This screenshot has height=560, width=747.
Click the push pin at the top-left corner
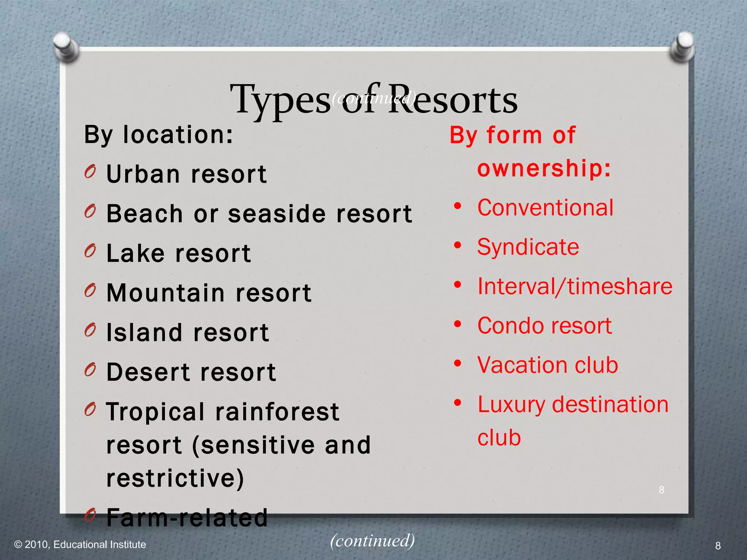tap(66, 47)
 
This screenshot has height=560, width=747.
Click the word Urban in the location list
tap(143, 174)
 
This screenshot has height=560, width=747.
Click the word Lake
tap(135, 253)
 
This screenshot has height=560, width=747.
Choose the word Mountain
tap(166, 293)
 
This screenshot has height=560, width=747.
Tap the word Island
tap(144, 332)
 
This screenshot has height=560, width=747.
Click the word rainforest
tap(277, 412)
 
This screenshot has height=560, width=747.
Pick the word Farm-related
tap(187, 517)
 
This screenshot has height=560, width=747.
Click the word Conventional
tap(545, 208)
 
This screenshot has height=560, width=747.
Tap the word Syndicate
tap(528, 247)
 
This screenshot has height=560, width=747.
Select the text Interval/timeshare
tap(575, 287)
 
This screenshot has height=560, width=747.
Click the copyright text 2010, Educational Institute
tap(85, 545)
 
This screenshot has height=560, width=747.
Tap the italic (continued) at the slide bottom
tap(372, 540)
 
